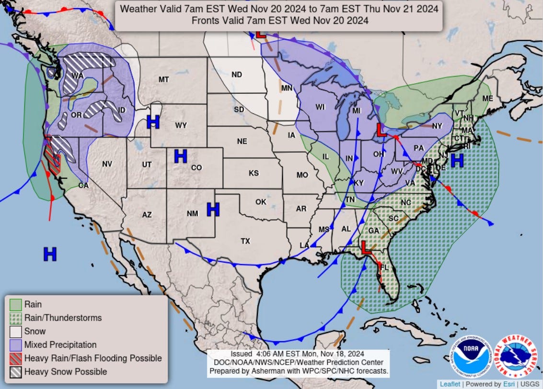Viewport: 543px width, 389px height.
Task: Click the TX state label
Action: (245, 241)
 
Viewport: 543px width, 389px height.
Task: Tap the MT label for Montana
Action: (164, 79)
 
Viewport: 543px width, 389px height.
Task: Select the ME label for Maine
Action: (487, 98)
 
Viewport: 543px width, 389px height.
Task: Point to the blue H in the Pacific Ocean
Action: (50, 254)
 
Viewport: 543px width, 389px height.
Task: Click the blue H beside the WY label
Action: (153, 122)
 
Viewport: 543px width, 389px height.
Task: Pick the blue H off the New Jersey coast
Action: (457, 160)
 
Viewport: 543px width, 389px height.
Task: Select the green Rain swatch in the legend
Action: (16, 304)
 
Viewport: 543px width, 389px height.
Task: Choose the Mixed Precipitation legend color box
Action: (16, 345)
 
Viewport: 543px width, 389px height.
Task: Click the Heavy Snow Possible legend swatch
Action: (16, 371)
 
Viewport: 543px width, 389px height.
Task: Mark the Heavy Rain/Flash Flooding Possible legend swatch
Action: (16, 358)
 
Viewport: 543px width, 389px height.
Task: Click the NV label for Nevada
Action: (107, 164)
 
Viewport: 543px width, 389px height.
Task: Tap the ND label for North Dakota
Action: (237, 75)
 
